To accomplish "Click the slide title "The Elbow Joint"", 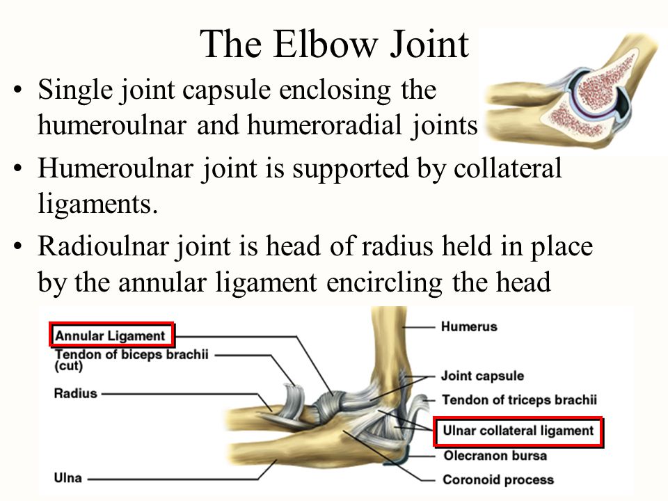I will (335, 45).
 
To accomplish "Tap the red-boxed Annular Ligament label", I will (111, 335).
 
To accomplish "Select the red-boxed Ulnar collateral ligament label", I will (518, 431).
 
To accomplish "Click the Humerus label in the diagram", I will (469, 326).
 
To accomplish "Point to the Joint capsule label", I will (482, 376).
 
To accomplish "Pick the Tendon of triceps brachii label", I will (518, 401).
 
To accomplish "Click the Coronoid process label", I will (498, 479).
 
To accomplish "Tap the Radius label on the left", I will (76, 393).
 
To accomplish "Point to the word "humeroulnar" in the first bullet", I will (111, 126).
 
